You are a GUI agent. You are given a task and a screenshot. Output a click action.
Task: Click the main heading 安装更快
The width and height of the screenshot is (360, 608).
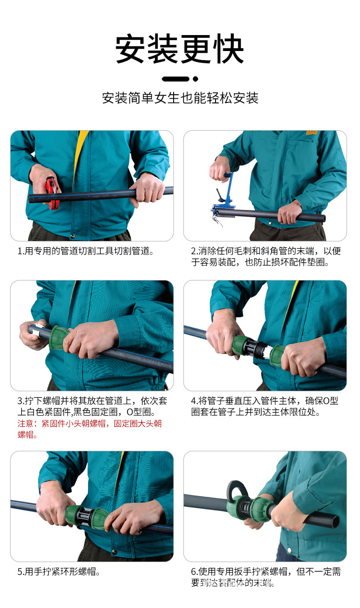point(180,49)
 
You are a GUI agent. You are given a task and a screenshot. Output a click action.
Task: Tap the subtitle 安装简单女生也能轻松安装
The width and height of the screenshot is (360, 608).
point(180,98)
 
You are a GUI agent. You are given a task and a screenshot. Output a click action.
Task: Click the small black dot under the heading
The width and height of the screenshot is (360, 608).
point(195,79)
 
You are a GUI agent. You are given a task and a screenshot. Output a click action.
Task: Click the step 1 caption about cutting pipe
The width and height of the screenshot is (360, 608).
point(85,251)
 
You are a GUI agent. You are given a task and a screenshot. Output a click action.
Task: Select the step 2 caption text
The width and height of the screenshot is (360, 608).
point(265,256)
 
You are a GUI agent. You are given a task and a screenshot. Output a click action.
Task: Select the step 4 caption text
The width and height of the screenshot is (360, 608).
point(264,406)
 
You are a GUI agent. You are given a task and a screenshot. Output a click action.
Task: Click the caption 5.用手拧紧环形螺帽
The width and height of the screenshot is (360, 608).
point(59,572)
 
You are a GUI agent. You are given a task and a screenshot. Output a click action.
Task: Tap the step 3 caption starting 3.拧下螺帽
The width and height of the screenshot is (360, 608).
point(89,406)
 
